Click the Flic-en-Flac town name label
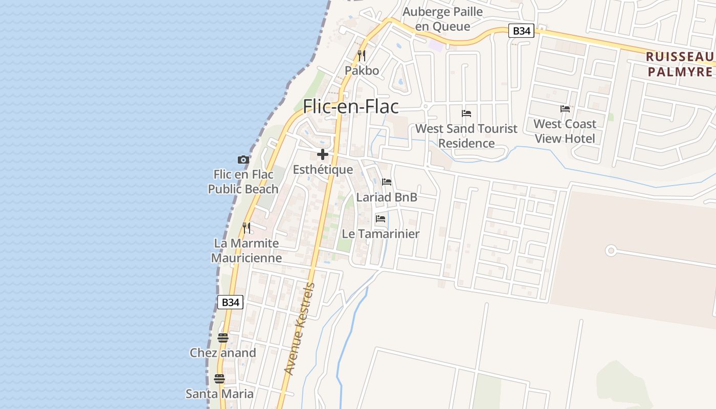coord(351,106)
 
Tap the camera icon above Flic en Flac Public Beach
coord(243,160)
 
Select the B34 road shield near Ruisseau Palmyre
coord(521,31)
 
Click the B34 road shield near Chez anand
coord(230,302)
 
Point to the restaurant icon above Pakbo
coord(362,55)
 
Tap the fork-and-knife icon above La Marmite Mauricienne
coord(247,228)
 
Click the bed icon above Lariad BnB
coord(387,182)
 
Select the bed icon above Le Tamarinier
coord(381,219)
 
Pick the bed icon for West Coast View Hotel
coord(565,109)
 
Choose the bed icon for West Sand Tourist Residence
coord(466,113)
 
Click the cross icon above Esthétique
coord(323,154)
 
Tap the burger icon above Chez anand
coord(222,338)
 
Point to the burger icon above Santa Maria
coord(219,379)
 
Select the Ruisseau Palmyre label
coord(680,64)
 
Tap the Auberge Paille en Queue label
coord(442,19)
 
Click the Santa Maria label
coord(219,394)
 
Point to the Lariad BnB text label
coord(387,197)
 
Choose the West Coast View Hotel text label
coord(565,131)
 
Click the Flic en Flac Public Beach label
coord(243,181)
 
